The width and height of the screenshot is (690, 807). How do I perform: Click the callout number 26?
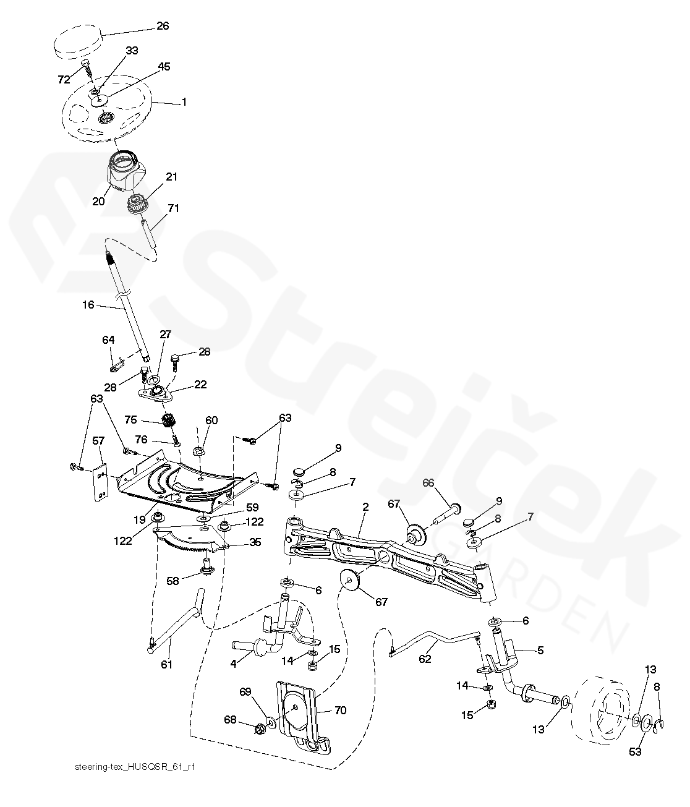163,26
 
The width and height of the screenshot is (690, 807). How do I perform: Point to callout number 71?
174,208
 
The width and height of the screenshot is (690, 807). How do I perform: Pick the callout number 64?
108,339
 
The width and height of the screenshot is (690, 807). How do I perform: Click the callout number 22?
200,384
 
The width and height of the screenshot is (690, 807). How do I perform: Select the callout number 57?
98,441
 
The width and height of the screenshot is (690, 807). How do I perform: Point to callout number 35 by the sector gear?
255,542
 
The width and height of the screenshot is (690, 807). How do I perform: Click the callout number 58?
172,581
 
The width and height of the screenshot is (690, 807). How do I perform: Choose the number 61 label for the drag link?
166,664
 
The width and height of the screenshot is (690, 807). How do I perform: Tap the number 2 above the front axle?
365,506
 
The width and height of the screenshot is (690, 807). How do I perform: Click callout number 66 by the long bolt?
428,482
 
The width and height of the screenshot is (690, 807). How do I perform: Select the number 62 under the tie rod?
425,659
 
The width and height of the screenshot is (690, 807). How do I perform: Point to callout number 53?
635,751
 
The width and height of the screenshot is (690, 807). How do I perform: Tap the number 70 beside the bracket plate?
340,711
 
